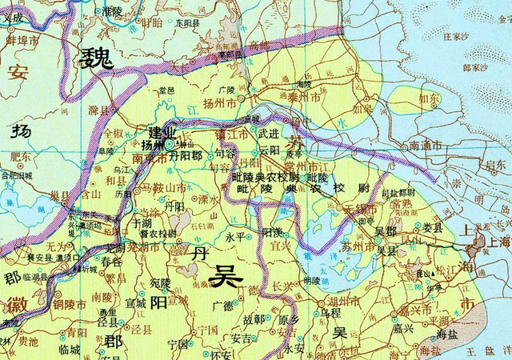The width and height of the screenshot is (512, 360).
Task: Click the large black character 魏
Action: (x=96, y=58)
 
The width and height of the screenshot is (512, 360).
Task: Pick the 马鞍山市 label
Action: (x=164, y=188)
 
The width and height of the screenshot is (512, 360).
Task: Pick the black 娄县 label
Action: (x=433, y=228)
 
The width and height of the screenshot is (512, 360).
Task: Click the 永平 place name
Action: (x=234, y=238)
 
